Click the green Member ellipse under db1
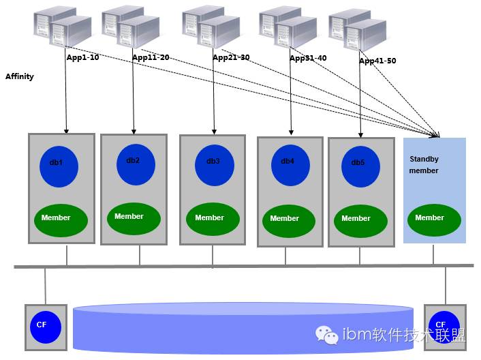point(61,218)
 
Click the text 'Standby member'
point(424,165)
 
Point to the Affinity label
point(20,76)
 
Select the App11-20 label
point(151,58)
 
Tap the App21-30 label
point(231,58)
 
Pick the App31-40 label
point(308,59)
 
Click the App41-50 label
point(377,61)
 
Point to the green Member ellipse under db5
point(356,219)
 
